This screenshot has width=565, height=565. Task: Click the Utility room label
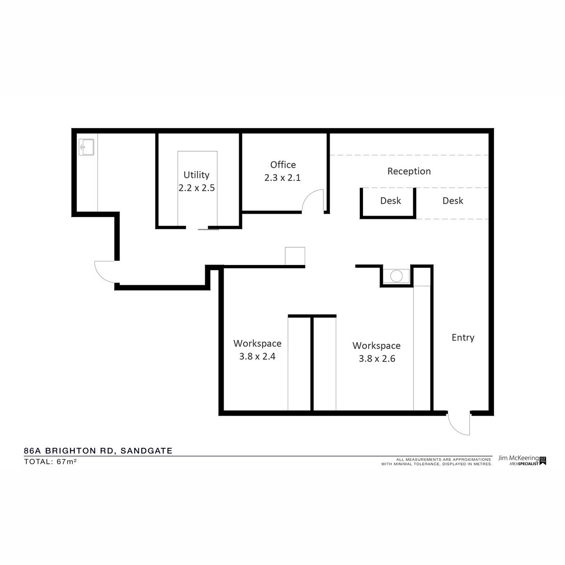tap(196, 175)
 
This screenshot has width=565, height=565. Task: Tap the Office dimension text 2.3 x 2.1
tap(282, 178)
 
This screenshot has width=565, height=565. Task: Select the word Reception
tap(409, 171)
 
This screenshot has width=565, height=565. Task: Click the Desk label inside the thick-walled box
tap(390, 201)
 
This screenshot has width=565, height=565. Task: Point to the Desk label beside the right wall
tap(452, 201)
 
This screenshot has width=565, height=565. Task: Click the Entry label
tap(463, 338)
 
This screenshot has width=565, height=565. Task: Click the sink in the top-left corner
tap(87, 147)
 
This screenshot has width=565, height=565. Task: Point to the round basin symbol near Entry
tap(396, 276)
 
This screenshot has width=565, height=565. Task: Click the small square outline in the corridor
tap(295, 256)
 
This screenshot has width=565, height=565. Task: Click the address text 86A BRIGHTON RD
tap(68, 451)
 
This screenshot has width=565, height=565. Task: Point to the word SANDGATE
tap(146, 451)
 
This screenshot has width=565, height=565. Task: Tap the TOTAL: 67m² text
tap(50, 461)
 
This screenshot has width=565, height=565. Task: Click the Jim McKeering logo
tap(522, 460)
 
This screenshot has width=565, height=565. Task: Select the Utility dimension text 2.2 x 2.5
tap(196, 188)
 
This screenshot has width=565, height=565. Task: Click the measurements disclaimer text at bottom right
tap(436, 462)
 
